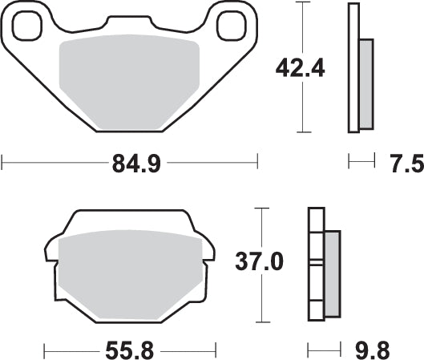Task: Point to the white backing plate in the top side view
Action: (x=353, y=67)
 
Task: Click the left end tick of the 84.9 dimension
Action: (x=3, y=164)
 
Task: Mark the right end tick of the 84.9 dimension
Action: (x=257, y=164)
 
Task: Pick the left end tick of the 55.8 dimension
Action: (x=44, y=350)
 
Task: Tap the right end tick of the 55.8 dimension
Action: (x=216, y=350)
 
